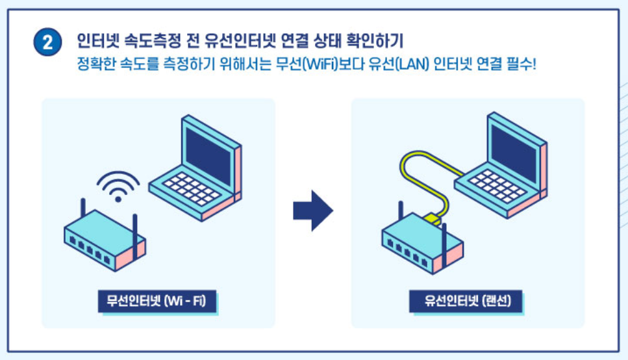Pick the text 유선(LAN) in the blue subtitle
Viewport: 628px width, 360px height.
coord(388,65)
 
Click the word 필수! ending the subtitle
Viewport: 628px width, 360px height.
coord(520,65)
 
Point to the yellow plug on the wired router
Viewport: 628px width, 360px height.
coord(432,217)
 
